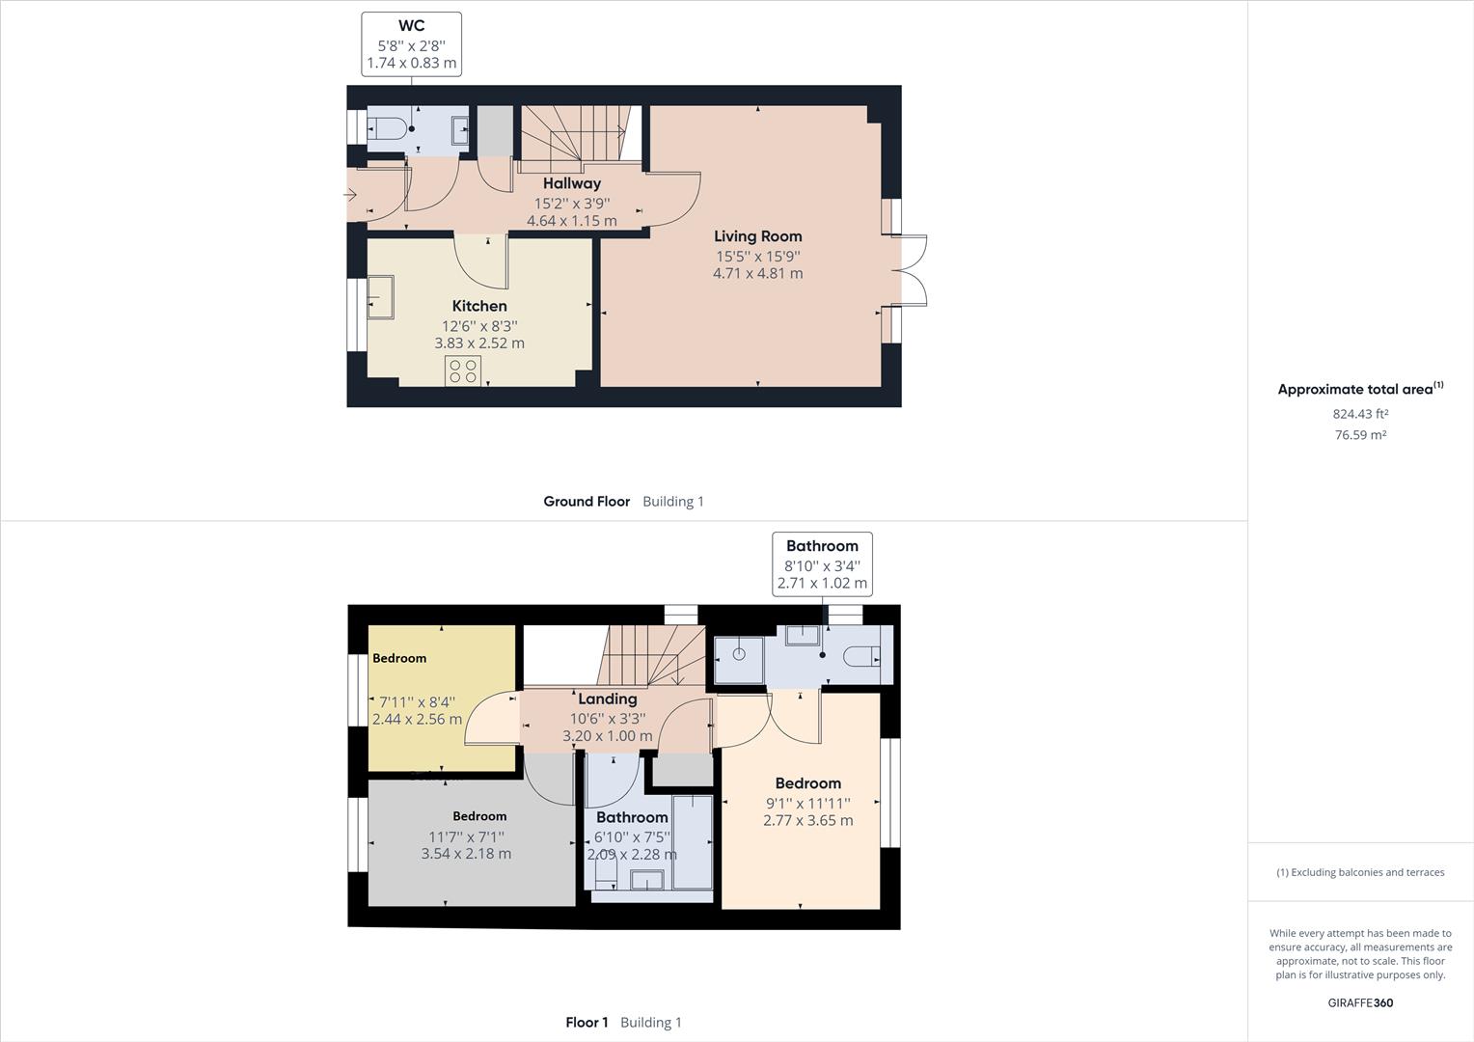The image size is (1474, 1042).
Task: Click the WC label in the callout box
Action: [411, 26]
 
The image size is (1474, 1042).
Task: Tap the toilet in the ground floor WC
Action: [387, 127]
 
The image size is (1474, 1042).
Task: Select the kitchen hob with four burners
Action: [463, 370]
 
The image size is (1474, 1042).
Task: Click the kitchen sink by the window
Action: [380, 297]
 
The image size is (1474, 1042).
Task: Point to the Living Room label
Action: [758, 235]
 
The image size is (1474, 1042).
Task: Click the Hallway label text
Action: [572, 183]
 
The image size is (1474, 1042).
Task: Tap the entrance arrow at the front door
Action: [349, 194]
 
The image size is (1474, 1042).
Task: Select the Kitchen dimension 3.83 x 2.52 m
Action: [479, 343]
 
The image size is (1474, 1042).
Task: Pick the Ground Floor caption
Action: [587, 501]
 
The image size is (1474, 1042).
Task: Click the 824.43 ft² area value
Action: [1360, 413]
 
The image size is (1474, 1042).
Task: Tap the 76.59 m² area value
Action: [1360, 434]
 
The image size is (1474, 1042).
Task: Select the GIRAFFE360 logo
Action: [1360, 1002]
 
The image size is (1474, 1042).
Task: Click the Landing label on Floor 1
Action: [608, 699]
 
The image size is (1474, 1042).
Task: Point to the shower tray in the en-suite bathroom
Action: [739, 659]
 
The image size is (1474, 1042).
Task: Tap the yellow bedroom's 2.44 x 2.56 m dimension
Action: [417, 720]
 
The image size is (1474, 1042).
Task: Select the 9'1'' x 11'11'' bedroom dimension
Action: [808, 803]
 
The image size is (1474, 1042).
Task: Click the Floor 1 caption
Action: [587, 1023]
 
